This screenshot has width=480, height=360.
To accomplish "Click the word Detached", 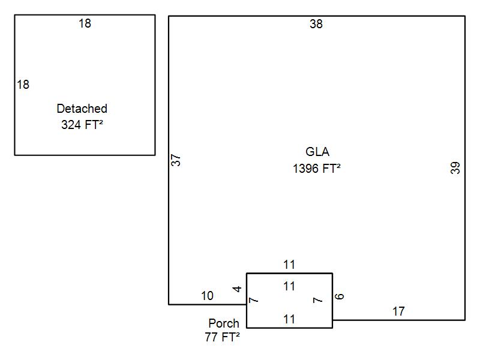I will (x=82, y=109).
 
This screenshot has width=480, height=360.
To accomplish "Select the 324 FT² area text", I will (x=82, y=125).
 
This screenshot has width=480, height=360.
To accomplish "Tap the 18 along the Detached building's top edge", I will (x=85, y=23).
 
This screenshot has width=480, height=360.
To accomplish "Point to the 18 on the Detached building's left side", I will (x=23, y=85).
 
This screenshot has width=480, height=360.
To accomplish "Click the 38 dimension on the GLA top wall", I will (x=316, y=24).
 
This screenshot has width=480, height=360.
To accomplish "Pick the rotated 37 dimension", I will (x=176, y=160).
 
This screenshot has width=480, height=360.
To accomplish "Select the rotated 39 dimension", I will (x=455, y=168).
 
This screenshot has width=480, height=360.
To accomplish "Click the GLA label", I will (x=317, y=152).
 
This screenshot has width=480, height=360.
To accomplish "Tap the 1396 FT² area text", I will (x=317, y=169).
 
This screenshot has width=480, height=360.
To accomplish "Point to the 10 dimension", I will (x=207, y=295).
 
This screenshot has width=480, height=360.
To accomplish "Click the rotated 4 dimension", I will (x=238, y=289).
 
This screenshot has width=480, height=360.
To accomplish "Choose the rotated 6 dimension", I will (x=340, y=296).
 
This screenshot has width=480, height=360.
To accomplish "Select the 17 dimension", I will (x=398, y=311).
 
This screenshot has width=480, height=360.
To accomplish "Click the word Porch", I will (x=224, y=323).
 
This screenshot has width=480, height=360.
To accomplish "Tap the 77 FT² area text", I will (x=222, y=337).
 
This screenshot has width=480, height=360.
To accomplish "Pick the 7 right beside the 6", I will (x=318, y=299).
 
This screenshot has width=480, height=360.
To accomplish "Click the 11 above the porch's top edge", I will (x=289, y=265).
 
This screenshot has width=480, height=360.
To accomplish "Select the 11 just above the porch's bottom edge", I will (x=289, y=319).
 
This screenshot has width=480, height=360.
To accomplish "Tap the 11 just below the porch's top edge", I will (x=289, y=286).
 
